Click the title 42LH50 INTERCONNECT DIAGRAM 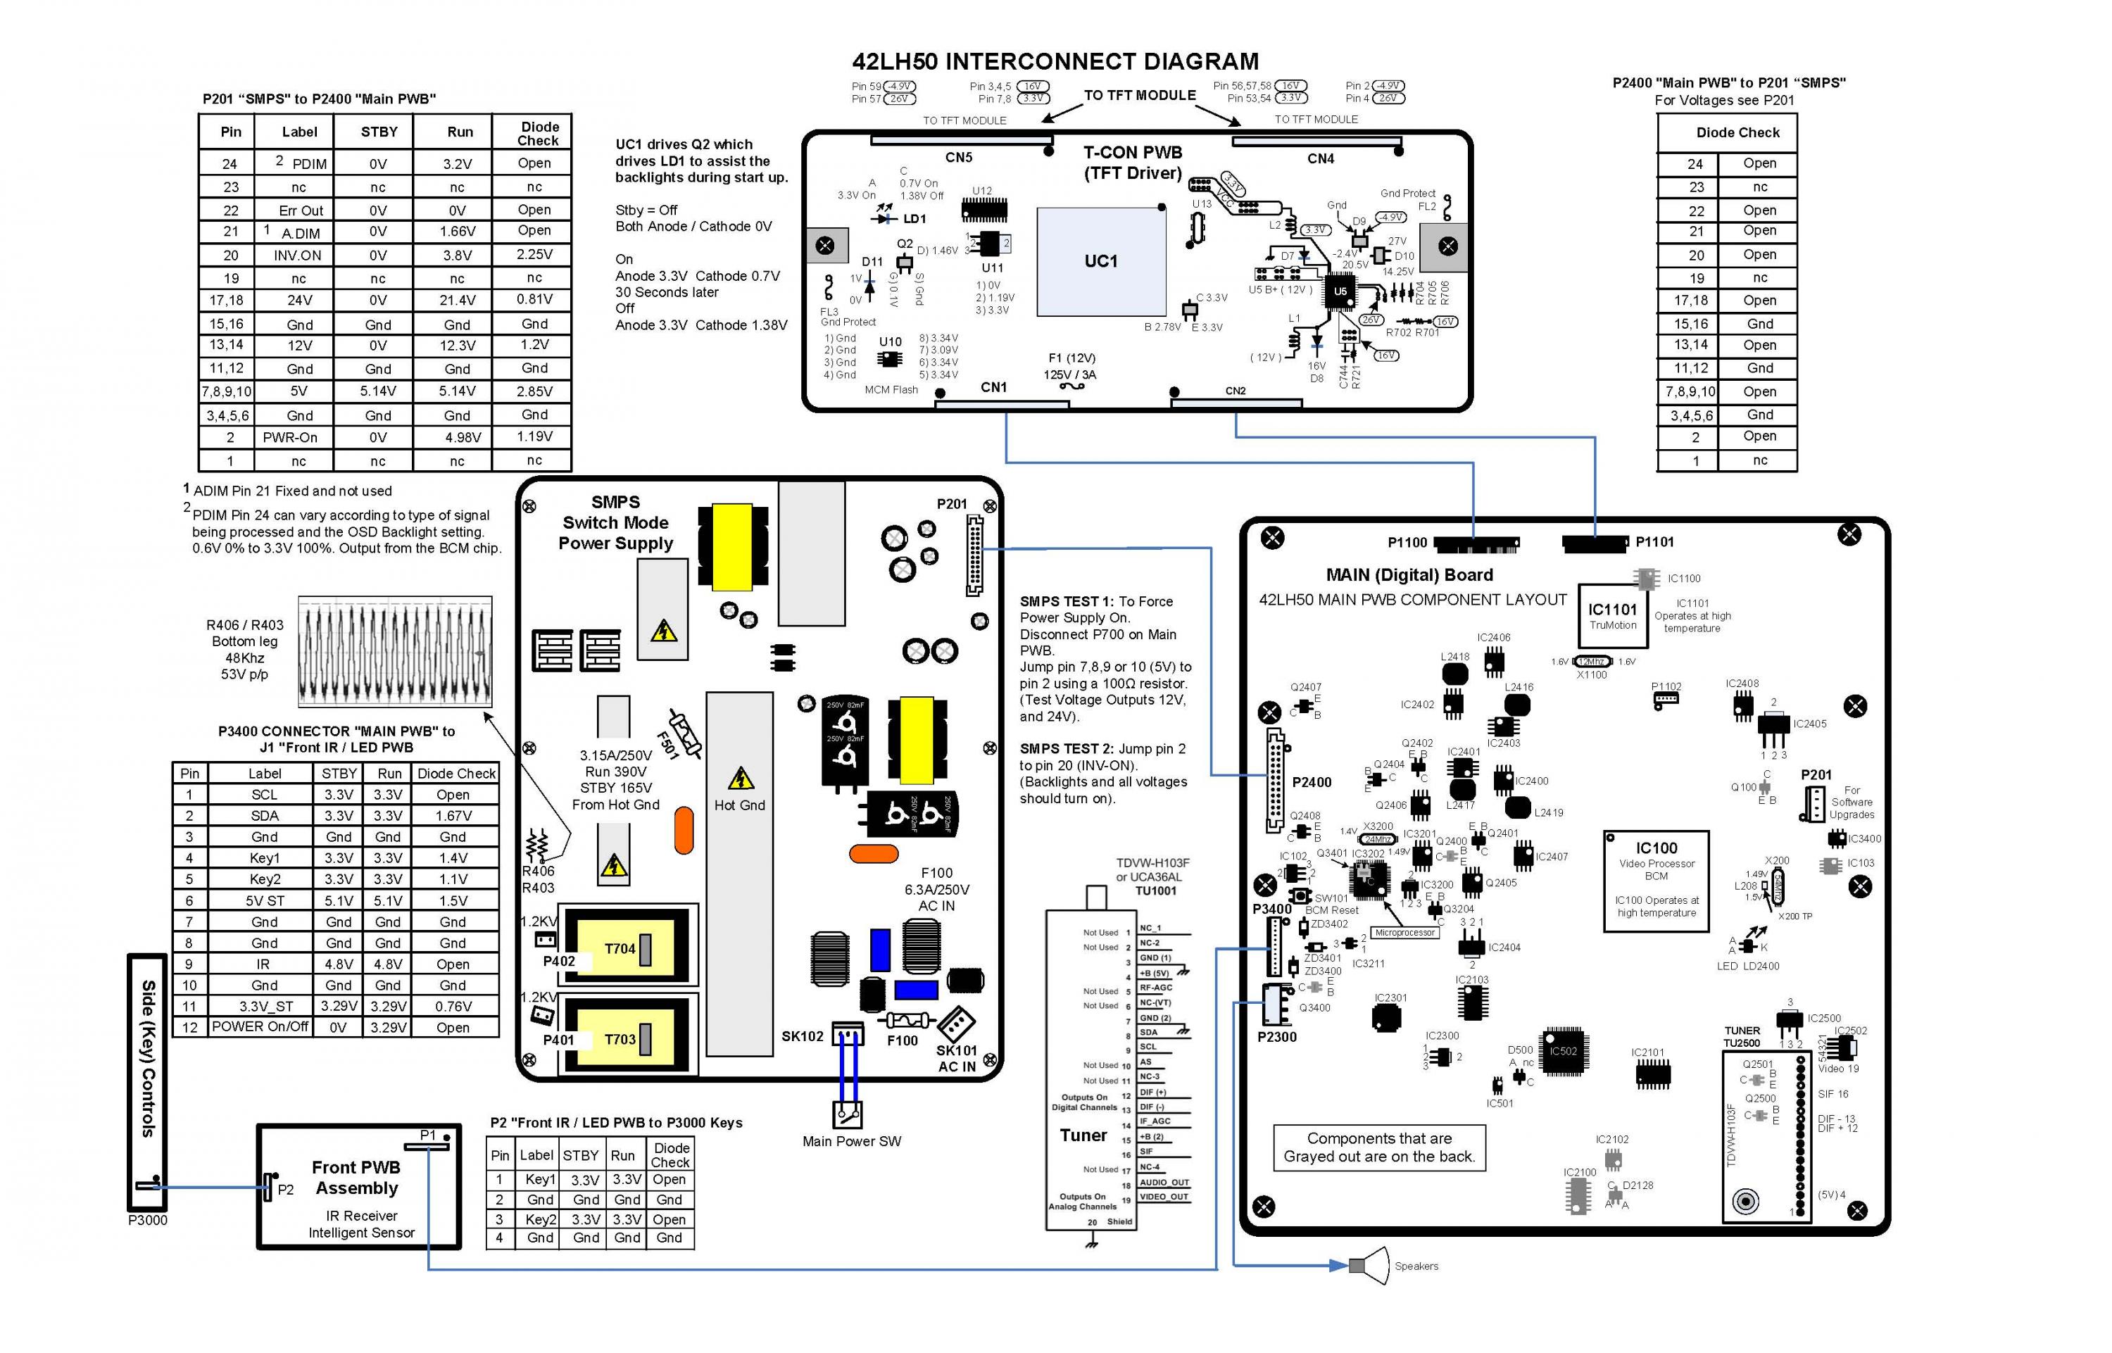coord(1055,61)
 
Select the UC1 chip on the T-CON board coord(1101,261)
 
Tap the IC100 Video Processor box coord(1655,879)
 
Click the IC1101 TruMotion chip coord(1612,615)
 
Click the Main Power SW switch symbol coord(847,1114)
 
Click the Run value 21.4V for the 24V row coord(458,301)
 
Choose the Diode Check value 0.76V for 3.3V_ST coord(453,1006)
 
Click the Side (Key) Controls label coord(149,1058)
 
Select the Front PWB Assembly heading coord(357,1177)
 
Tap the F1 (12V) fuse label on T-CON coord(1071,358)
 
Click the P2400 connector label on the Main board coord(1312,782)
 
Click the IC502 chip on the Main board coord(1563,1051)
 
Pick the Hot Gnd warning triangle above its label coord(741,779)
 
